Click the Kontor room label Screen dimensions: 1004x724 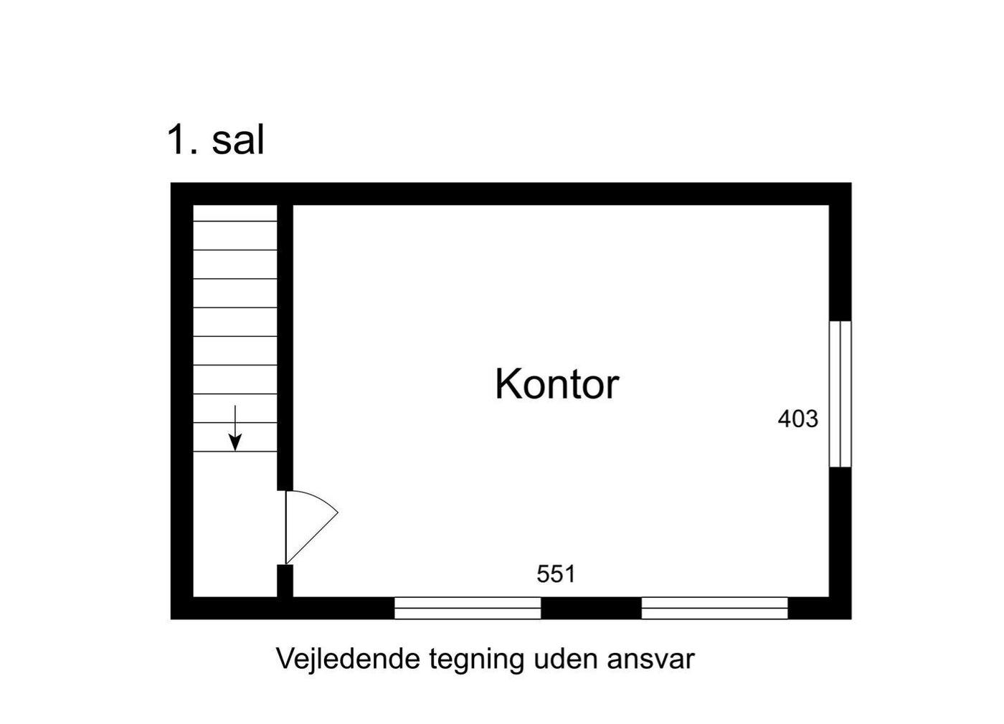(x=557, y=384)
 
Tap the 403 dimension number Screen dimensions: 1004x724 (x=797, y=419)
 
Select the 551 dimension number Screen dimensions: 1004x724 (x=556, y=574)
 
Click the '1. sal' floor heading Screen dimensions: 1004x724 (x=216, y=140)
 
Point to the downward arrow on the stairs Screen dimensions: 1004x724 (x=235, y=428)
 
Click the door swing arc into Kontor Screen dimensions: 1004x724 (x=312, y=527)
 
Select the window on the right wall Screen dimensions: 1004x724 (x=840, y=394)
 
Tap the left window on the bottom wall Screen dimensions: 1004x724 (x=468, y=608)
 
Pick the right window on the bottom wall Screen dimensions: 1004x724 (x=714, y=608)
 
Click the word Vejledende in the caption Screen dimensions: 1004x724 (x=349, y=659)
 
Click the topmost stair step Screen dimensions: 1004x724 (x=235, y=213)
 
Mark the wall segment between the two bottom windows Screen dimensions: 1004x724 (x=591, y=608)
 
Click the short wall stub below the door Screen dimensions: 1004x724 (x=285, y=581)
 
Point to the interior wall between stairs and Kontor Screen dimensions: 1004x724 (x=285, y=348)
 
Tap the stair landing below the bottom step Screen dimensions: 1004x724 (x=235, y=524)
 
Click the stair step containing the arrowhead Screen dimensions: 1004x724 (x=235, y=437)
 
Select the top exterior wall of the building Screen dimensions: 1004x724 (x=511, y=194)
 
